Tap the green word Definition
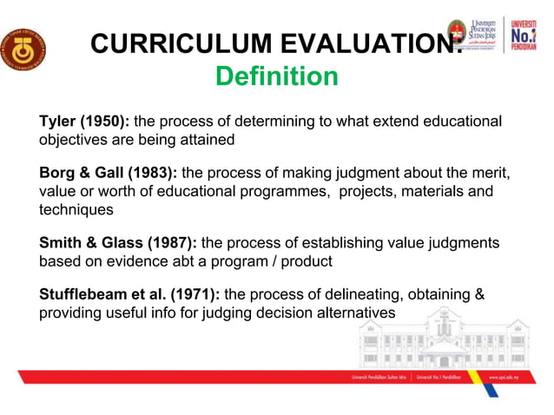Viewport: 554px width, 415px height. point(276,76)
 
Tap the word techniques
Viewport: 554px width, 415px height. point(76,209)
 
